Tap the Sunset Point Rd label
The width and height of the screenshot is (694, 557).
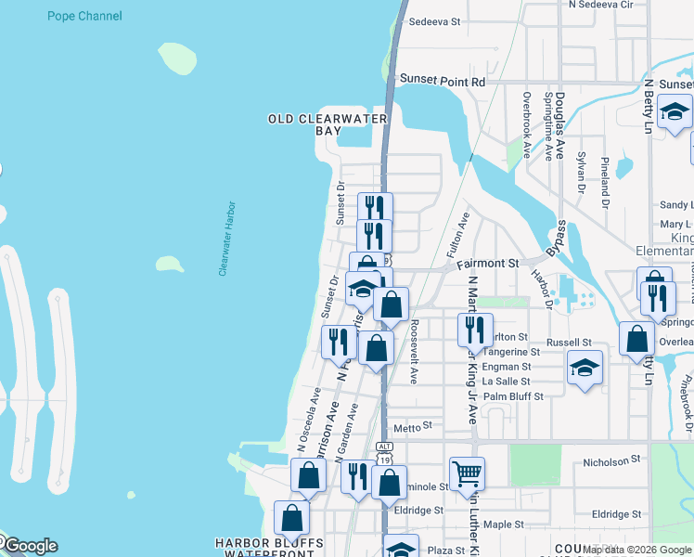coord(443,82)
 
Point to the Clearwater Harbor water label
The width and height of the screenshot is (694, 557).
coord(228,240)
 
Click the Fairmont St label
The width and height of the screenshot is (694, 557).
coord(487,264)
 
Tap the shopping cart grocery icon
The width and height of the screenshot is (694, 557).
coord(467,474)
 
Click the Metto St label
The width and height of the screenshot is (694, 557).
coord(414,426)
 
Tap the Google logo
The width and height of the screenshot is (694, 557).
coord(30,546)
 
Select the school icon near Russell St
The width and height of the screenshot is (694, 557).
coord(585,368)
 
